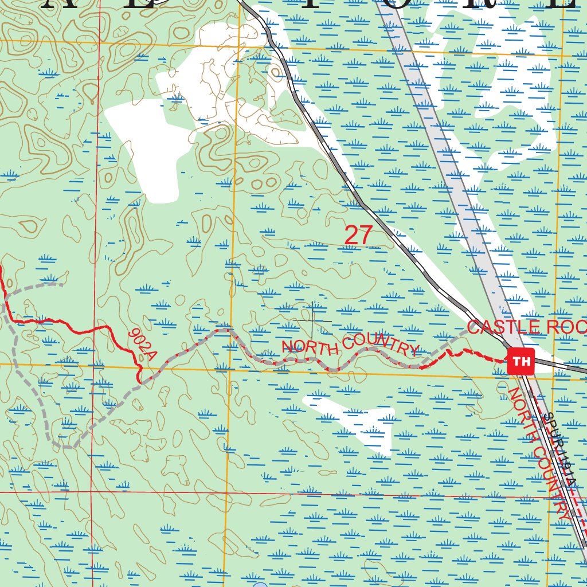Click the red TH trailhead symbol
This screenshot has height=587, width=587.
tap(521, 361)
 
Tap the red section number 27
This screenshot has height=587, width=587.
tap(359, 236)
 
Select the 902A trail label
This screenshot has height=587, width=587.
tap(142, 344)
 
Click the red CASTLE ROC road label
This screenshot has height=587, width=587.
tap(526, 327)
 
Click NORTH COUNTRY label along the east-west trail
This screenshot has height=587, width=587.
tap(350, 347)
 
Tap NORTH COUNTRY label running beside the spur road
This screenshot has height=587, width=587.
tap(539, 453)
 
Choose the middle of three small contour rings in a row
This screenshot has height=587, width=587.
tap(258, 184)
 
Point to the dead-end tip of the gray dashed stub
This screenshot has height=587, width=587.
tap(62, 283)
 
